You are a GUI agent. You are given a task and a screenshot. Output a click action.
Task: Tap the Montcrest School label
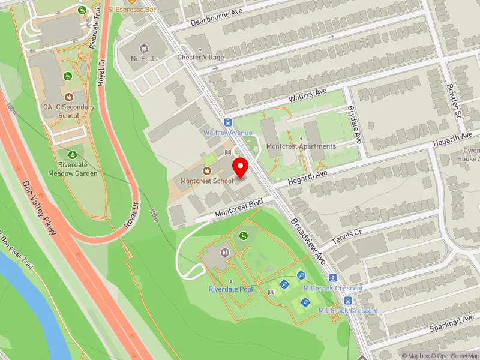[x=207, y=181]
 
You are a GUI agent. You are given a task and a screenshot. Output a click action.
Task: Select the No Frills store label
[x=145, y=59]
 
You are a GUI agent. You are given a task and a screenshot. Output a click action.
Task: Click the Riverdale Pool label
[x=231, y=289]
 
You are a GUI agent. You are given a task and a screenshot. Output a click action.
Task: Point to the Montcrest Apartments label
[x=301, y=146]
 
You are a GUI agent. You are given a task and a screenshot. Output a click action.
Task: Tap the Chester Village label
[x=200, y=58]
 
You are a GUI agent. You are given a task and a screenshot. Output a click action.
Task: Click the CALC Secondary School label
[x=68, y=111]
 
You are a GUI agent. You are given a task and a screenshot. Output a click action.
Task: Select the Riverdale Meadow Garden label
[x=73, y=169]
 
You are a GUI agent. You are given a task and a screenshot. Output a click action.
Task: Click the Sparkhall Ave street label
[x=452, y=324]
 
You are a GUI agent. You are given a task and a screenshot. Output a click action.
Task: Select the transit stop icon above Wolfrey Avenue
[x=229, y=122]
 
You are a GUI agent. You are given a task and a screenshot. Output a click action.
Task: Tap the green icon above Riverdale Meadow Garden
[x=73, y=155]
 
